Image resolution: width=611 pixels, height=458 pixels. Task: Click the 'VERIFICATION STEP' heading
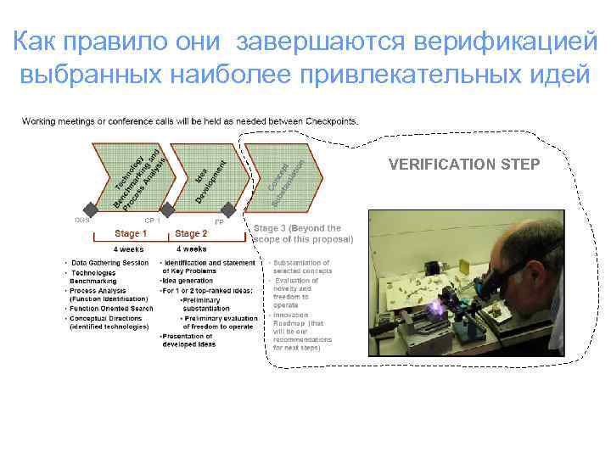pos(462,164)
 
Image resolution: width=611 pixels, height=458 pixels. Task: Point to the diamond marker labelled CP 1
pos(167,209)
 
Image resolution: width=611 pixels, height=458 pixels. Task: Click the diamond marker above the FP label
pos(227,209)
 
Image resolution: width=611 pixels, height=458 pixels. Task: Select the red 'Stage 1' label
pos(132,233)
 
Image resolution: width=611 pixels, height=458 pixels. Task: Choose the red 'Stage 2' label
pos(191,233)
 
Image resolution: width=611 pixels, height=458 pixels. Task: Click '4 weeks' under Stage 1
pos(128,249)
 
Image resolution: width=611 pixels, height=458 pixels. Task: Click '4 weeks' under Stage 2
pos(191,249)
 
